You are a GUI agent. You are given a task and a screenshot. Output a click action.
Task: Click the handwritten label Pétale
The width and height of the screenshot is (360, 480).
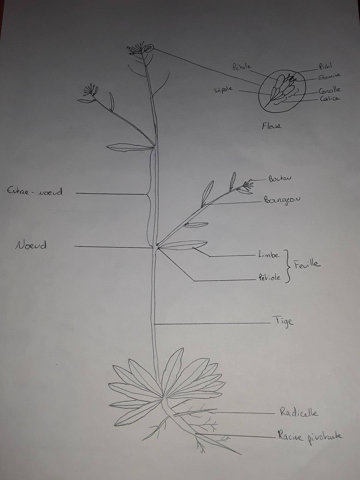(x=242, y=66)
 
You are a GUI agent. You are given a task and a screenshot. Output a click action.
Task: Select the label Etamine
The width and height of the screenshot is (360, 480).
(x=329, y=76)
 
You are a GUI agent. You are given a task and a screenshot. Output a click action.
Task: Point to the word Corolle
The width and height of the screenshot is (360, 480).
(x=329, y=90)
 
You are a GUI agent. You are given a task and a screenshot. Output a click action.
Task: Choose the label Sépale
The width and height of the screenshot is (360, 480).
(x=224, y=89)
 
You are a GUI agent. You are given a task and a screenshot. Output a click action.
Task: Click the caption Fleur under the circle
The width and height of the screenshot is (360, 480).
(x=271, y=126)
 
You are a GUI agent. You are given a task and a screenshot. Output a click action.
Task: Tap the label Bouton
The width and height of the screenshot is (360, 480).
(x=279, y=179)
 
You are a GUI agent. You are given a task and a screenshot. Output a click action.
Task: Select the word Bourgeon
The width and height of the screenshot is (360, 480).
(x=282, y=200)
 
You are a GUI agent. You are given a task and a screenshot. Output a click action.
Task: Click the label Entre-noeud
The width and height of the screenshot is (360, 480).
(x=35, y=192)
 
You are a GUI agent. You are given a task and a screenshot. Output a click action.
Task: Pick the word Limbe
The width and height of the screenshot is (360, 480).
(x=269, y=254)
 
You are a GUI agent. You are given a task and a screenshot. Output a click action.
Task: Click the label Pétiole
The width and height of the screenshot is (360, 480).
(x=269, y=277)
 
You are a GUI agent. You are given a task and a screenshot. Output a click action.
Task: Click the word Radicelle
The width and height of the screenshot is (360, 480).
(x=299, y=413)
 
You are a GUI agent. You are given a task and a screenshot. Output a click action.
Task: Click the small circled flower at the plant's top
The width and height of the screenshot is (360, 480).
(x=149, y=48)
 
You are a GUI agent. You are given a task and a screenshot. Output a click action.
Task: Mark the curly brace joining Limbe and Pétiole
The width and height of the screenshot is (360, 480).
(x=287, y=266)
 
